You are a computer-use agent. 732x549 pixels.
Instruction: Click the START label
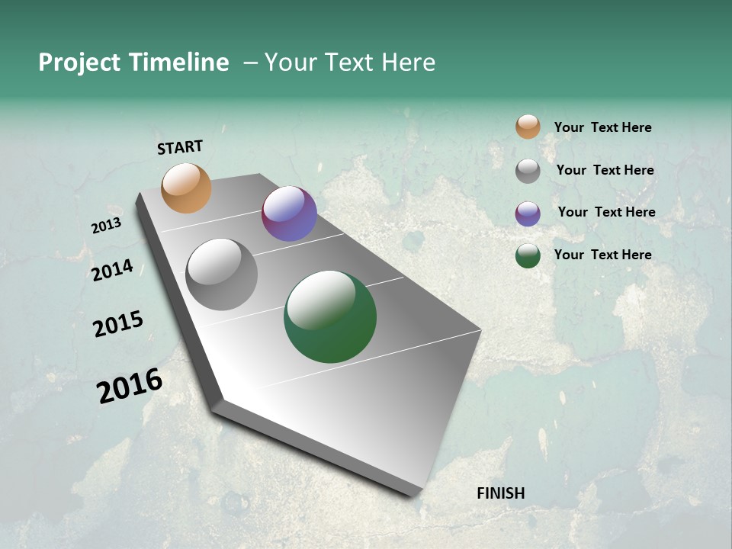pyautogui.click(x=180, y=147)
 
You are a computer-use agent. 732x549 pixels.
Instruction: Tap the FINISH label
pyautogui.click(x=500, y=493)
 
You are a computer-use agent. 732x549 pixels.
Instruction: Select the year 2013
pyautogui.click(x=106, y=226)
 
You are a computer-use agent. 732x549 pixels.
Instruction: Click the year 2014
pyautogui.click(x=112, y=271)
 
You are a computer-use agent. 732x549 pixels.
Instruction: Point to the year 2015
pyautogui.click(x=118, y=324)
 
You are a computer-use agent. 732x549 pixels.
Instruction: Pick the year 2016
pyautogui.click(x=130, y=386)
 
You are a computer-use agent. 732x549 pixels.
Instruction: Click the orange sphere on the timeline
pyautogui.click(x=186, y=188)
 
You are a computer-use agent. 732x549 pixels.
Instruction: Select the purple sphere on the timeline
pyautogui.click(x=289, y=213)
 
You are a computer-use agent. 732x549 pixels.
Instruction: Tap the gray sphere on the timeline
pyautogui.click(x=222, y=274)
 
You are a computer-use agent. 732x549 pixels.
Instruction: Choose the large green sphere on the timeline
pyautogui.click(x=330, y=316)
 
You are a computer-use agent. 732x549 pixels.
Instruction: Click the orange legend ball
pyautogui.click(x=528, y=127)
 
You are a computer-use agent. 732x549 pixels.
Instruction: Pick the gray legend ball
pyautogui.click(x=528, y=171)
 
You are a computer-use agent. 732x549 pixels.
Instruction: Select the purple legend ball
pyautogui.click(x=528, y=213)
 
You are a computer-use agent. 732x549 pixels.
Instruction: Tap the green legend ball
pyautogui.click(x=528, y=255)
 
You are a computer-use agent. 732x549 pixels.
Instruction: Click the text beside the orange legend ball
pyautogui.click(x=602, y=127)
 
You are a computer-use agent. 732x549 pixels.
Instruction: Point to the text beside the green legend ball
pyautogui.click(x=602, y=255)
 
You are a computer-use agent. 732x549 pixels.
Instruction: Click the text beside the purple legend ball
pyautogui.click(x=606, y=212)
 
